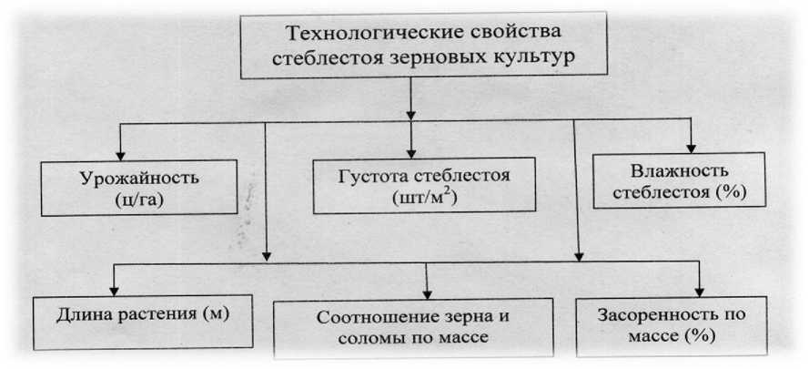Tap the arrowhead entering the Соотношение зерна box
[429, 292]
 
